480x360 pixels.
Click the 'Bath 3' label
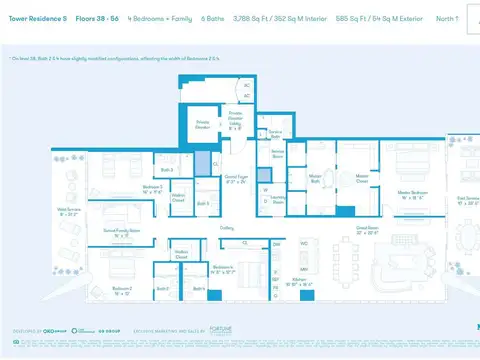coord(168,171)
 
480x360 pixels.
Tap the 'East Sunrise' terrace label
coord(468,200)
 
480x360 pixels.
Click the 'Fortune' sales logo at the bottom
coord(224,329)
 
